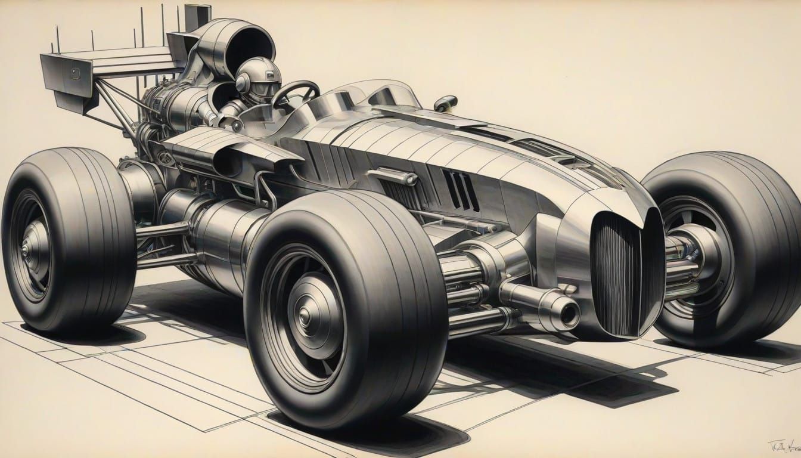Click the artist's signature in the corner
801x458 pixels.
[781, 446]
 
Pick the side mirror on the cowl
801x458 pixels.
[446, 103]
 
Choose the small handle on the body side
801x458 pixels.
[393, 175]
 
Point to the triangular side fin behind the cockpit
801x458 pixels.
[226, 149]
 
